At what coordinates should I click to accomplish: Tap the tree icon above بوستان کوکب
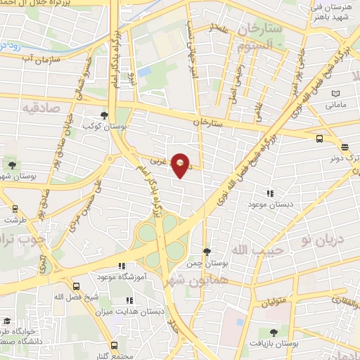[104, 115]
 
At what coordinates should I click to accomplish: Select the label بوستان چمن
[207, 263]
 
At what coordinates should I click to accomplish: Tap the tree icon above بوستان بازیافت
[274, 333]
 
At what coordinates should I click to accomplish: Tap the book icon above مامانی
[335, 94]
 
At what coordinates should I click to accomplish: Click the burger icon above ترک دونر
[345, 147]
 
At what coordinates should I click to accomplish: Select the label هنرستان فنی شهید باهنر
[333, 13]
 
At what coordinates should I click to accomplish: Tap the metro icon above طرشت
[15, 208]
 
